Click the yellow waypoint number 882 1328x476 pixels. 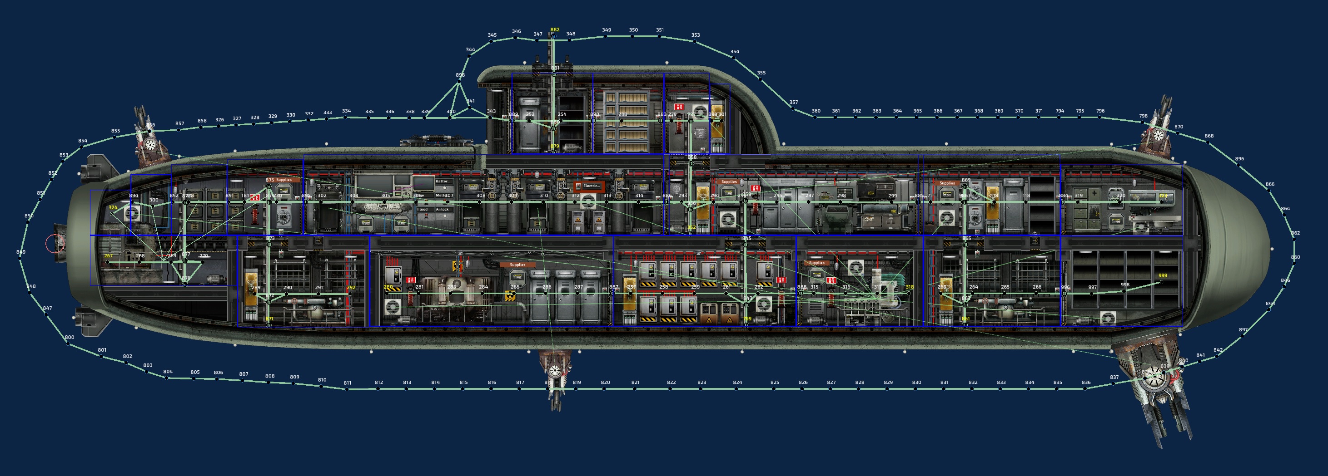click(x=555, y=30)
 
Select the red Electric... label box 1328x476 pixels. click(x=590, y=186)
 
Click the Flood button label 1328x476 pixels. click(x=422, y=210)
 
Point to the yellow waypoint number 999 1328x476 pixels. click(x=1163, y=275)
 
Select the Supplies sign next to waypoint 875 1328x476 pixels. click(x=284, y=180)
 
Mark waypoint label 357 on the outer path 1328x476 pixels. click(x=793, y=102)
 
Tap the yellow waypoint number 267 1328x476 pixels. click(x=108, y=255)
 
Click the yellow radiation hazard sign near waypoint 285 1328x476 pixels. click(x=510, y=295)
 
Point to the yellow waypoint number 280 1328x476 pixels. click(x=388, y=287)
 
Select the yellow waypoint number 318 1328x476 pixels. click(x=910, y=287)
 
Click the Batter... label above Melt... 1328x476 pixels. click(x=442, y=182)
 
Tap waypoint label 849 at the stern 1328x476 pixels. click(x=20, y=252)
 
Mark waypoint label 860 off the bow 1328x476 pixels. click(x=1296, y=257)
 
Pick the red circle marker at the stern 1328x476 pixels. click(x=54, y=244)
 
